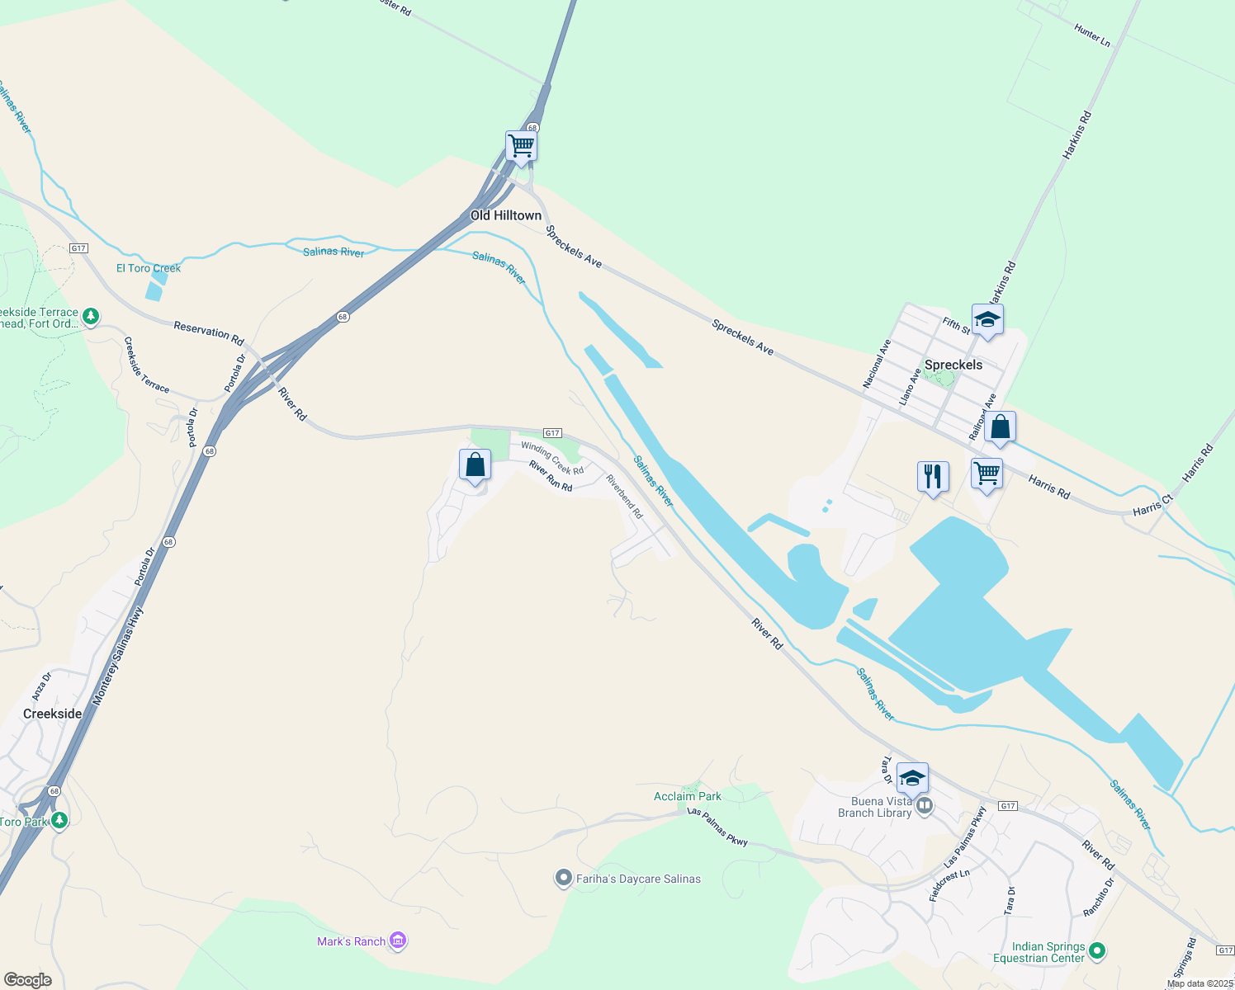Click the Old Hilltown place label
point(506,215)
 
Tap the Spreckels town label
point(953,365)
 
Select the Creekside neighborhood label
point(53,714)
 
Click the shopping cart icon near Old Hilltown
point(522,146)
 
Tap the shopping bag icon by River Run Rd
point(475,464)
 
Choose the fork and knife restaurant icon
point(933,476)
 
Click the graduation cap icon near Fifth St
point(987,319)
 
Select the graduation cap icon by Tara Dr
point(912,778)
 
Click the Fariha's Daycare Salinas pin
point(564,878)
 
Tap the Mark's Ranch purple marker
point(398,940)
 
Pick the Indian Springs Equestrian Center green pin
point(1097,951)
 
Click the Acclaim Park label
point(688,796)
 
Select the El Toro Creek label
point(149,268)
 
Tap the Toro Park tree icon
point(59,820)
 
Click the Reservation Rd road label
point(209,333)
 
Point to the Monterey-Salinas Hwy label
point(116,657)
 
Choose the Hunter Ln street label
point(1092,35)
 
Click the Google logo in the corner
point(28,979)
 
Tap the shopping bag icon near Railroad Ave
point(1000,427)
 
